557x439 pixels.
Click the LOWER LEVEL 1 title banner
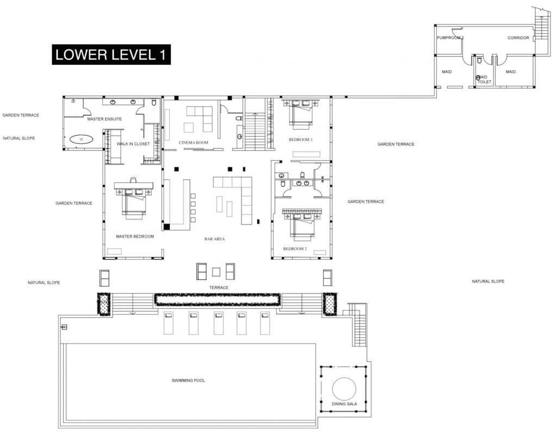112,54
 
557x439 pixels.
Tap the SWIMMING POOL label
188,380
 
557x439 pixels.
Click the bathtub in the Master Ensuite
82,139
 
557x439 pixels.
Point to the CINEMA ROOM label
194,143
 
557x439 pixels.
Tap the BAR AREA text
215,239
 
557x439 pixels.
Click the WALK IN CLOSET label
133,144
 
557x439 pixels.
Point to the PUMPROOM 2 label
450,38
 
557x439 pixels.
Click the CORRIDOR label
518,38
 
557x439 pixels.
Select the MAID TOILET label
484,80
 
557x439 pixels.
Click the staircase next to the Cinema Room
254,131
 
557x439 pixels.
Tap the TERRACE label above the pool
219,287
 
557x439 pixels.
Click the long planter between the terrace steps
217,298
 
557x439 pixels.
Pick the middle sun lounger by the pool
219,323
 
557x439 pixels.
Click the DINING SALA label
343,404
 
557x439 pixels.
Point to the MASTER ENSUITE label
104,119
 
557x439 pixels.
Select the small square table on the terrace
216,271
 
